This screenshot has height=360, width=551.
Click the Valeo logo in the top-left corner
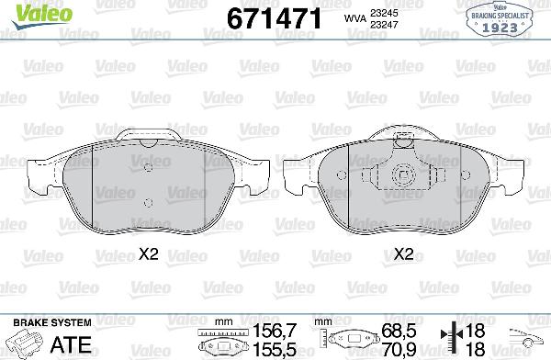[x=27, y=12]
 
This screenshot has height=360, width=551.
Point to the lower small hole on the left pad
[x=148, y=202]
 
